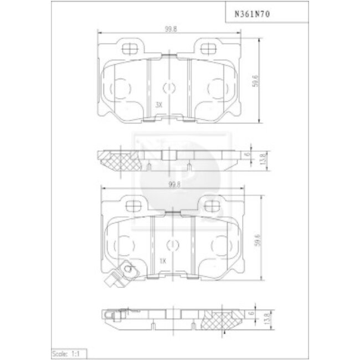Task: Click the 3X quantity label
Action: [159, 104]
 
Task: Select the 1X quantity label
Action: [162, 260]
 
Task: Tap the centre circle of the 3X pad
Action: [170, 87]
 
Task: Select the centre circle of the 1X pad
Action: [173, 243]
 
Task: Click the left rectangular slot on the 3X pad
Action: [131, 49]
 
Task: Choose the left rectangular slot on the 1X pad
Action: [134, 205]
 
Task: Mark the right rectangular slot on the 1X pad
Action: [213, 205]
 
